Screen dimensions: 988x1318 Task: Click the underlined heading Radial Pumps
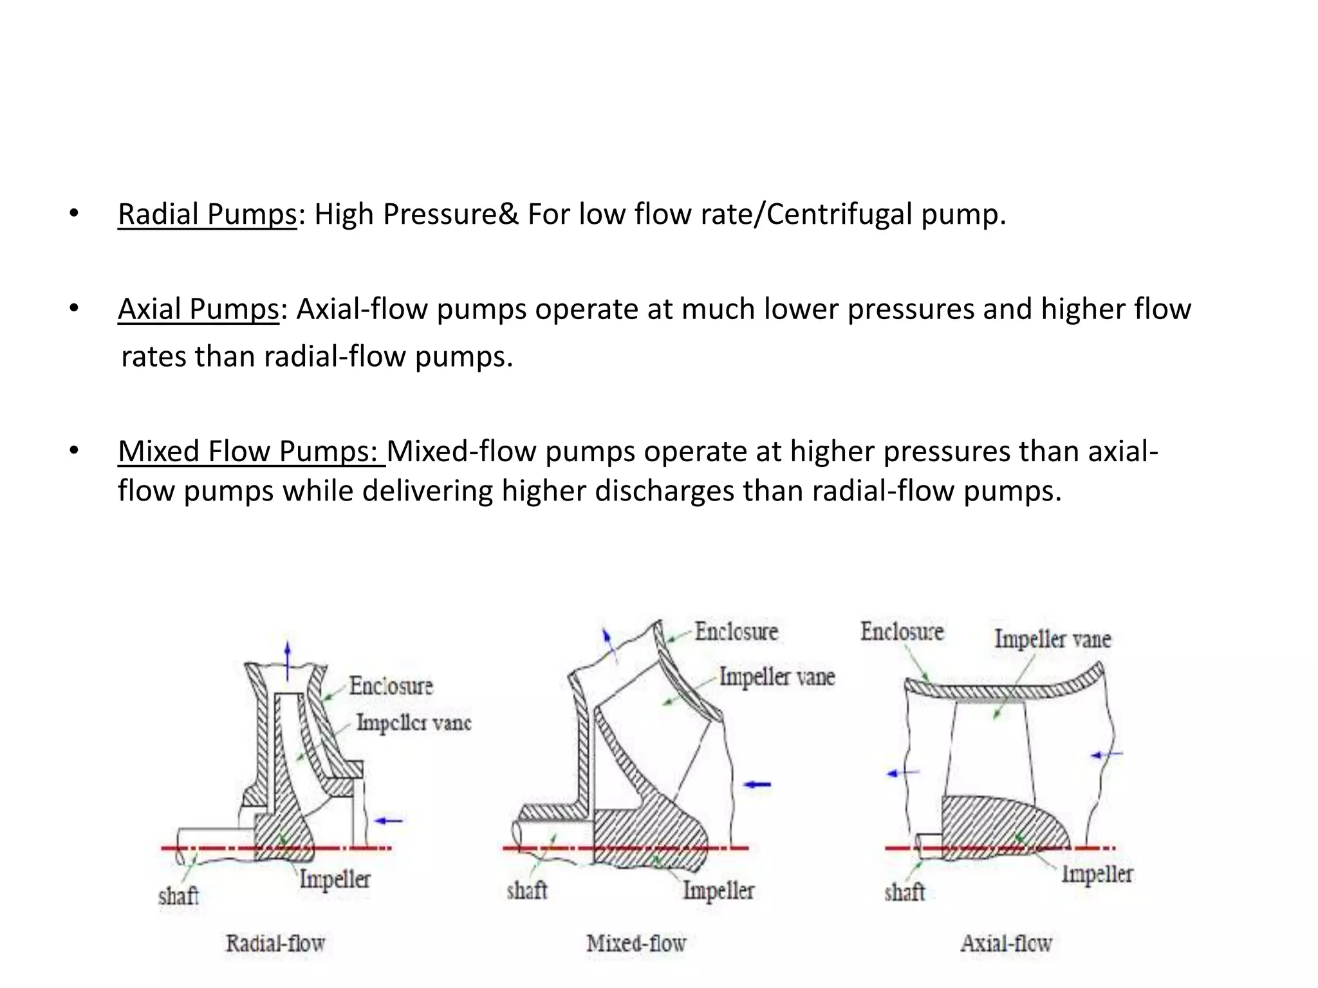[x=207, y=214]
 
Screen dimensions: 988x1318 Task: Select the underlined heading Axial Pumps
[x=198, y=309]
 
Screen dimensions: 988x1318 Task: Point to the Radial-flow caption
[x=275, y=944]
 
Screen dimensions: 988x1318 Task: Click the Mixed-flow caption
[x=636, y=944]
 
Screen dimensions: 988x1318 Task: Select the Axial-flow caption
[x=1006, y=944]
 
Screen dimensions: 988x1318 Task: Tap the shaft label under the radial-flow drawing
[x=178, y=896]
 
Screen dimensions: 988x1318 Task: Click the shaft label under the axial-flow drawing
[x=904, y=892]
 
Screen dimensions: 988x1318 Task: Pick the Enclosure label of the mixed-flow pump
[x=736, y=632]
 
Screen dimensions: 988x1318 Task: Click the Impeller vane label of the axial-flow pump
[x=1052, y=639]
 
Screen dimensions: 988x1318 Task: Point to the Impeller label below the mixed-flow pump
[x=718, y=891]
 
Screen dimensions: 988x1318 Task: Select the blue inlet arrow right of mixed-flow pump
[x=757, y=784]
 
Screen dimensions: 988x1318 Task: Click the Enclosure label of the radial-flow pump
[x=391, y=686]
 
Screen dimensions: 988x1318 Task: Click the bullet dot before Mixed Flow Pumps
[x=74, y=451]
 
